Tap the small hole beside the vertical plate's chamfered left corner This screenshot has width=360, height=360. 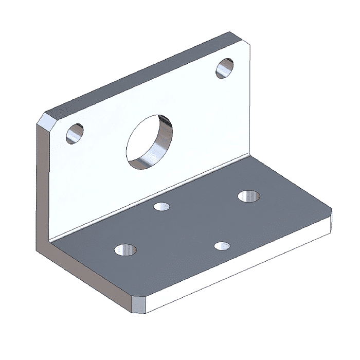coord(75,133)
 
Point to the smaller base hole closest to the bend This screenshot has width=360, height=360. coord(162,207)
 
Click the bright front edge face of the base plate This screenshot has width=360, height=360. coord(237,267)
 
